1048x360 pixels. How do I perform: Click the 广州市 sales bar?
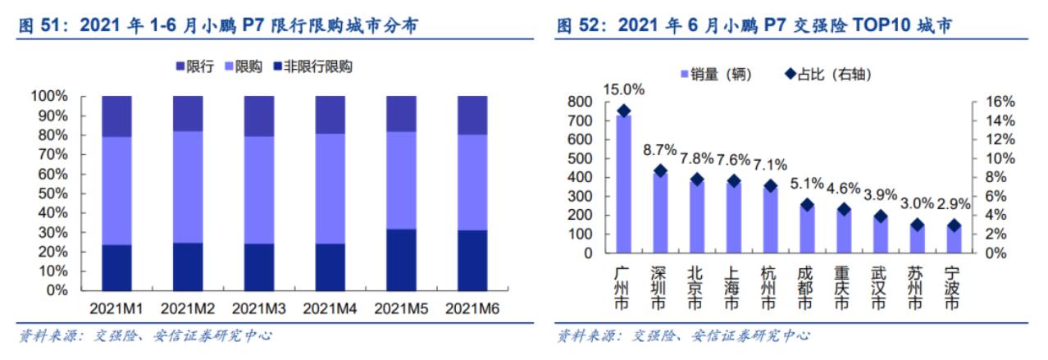click(624, 185)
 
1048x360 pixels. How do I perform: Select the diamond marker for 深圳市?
click(660, 171)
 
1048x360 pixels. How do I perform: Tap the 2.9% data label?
click(953, 204)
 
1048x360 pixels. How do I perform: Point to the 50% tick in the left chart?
click(50, 194)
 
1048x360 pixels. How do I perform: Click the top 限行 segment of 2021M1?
click(117, 116)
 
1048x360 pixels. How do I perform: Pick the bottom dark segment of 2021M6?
click(472, 260)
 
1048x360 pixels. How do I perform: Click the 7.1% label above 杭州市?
click(769, 161)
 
